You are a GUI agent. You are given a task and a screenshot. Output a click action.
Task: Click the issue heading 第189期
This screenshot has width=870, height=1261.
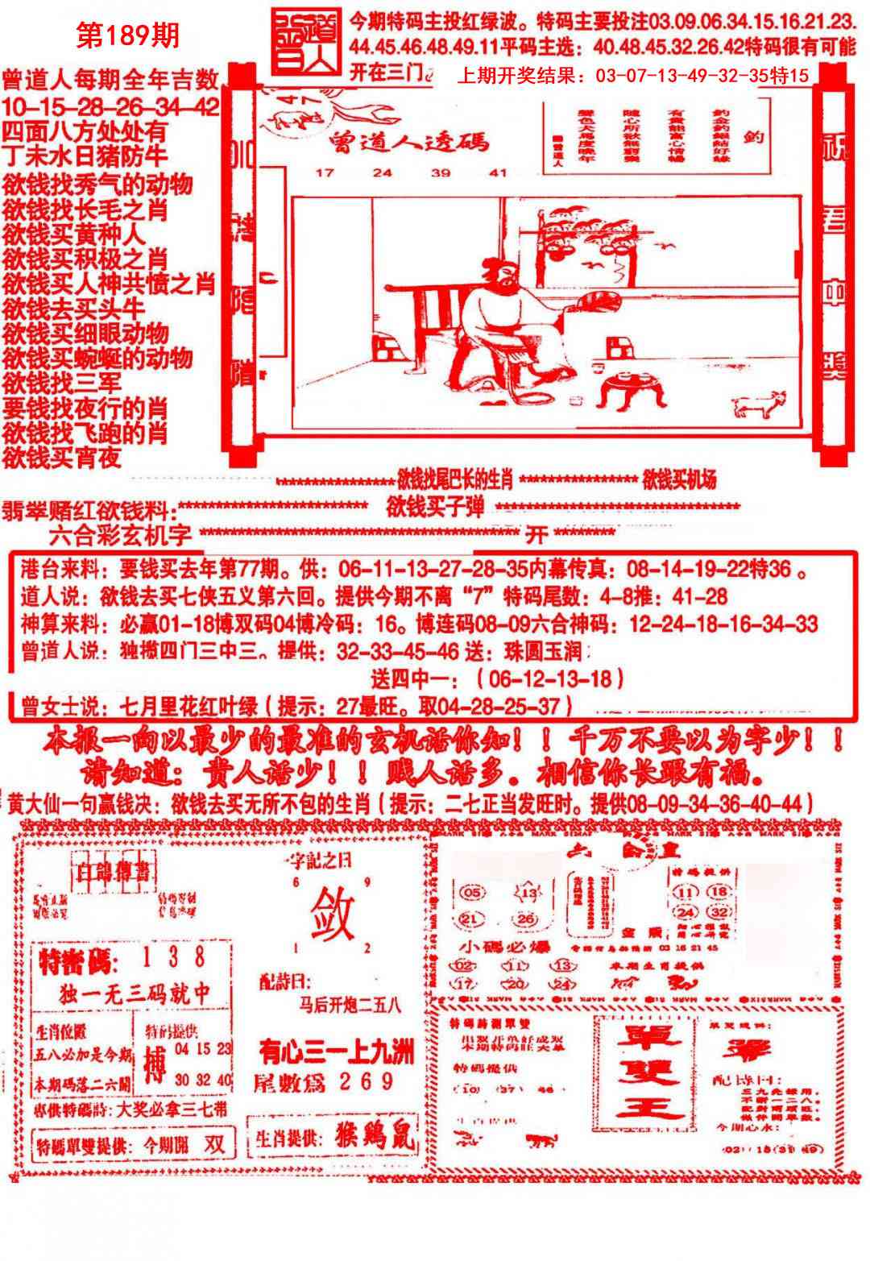coord(127,35)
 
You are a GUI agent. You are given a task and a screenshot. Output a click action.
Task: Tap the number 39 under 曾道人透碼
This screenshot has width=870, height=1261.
coord(440,172)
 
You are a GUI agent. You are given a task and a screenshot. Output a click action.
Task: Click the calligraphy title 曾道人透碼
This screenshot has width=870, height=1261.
coord(408,143)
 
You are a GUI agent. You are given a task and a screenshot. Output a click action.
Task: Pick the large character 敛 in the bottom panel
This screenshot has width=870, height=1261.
coord(331,910)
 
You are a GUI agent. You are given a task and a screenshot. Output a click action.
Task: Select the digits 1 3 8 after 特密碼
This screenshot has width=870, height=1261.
coord(173,958)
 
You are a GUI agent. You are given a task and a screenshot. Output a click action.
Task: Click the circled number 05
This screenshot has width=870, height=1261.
coord(473,893)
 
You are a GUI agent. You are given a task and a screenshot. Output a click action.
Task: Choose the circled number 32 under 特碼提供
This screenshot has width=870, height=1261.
coord(719,913)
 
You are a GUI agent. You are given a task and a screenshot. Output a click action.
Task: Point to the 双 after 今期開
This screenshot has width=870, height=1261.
coord(213,1143)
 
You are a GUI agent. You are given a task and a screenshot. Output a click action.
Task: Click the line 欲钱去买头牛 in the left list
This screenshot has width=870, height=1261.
coord(74,309)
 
